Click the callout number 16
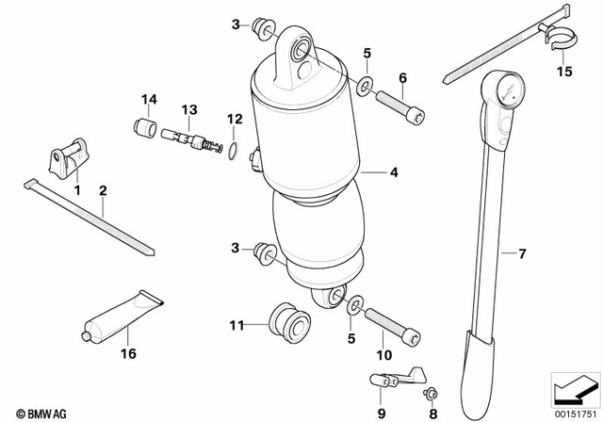pos(128,353)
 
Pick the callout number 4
pos(394,172)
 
